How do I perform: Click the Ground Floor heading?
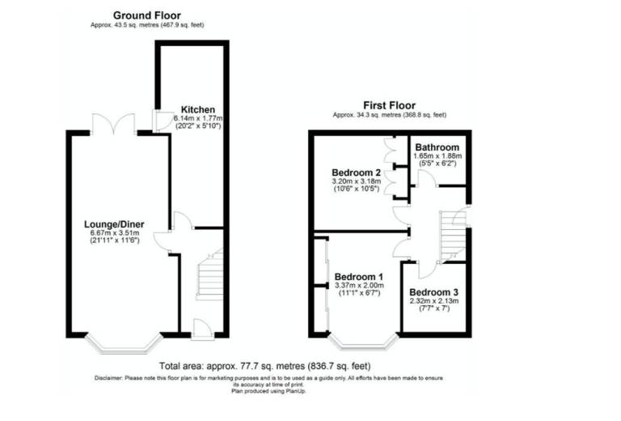(x=147, y=15)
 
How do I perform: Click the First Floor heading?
(x=389, y=105)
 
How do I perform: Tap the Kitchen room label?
(x=198, y=109)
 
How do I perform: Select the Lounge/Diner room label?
(x=114, y=224)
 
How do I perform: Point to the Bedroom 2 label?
(x=356, y=172)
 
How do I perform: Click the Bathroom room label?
(x=437, y=147)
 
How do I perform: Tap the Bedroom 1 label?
(x=359, y=277)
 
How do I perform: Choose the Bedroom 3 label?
(x=433, y=292)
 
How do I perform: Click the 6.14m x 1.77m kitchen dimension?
(x=198, y=118)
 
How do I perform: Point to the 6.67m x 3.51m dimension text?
(x=115, y=232)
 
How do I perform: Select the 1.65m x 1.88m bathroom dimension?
(x=437, y=156)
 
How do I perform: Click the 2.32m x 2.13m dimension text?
(x=434, y=301)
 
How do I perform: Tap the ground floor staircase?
(x=210, y=274)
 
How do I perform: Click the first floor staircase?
(x=453, y=236)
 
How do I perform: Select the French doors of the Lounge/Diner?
(x=114, y=124)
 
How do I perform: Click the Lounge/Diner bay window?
(x=125, y=344)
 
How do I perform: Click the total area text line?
(x=265, y=366)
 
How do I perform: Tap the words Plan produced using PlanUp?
(x=268, y=391)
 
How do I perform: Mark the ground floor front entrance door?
(x=203, y=330)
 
